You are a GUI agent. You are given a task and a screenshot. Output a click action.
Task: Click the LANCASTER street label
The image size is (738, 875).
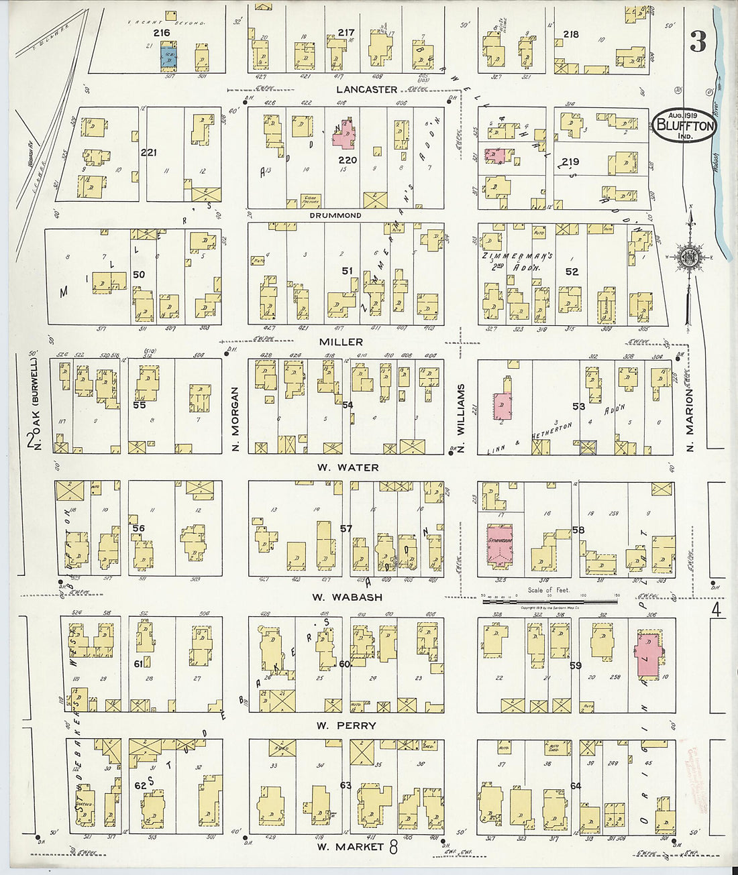pos(366,89)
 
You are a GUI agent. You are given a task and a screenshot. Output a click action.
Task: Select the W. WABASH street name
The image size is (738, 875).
pos(348,597)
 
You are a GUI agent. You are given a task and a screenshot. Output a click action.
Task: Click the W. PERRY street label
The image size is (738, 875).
pos(346,725)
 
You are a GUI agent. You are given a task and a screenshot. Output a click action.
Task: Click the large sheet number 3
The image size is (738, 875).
pos(698,43)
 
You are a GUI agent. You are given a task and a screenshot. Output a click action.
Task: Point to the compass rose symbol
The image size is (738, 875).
pos(689,257)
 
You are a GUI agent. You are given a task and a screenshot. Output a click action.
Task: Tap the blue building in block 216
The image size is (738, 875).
pos(166,57)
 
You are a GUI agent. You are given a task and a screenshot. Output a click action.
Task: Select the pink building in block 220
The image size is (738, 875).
pos(346,133)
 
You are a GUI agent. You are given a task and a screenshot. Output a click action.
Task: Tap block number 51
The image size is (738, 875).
pos(347,271)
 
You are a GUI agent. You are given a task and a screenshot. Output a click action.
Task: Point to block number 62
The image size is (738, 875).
pos(140,785)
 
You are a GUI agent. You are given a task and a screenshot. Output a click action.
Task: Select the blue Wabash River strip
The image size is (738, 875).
pos(723,134)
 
